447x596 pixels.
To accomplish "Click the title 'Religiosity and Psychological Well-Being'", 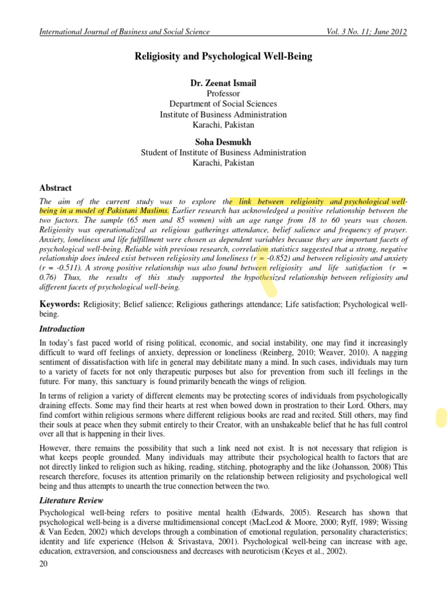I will coord(223,56).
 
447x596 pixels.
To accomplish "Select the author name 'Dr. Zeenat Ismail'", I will coord(223,84).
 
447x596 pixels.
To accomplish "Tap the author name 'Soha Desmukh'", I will coord(223,141).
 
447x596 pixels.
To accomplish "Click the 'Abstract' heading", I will coord(55,188).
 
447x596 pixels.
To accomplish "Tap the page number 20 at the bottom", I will coord(44,564).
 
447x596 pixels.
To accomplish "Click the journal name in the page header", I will coord(124,31).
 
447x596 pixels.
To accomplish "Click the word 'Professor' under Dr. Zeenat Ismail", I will coord(223,94).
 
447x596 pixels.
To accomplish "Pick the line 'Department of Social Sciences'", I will coord(223,104).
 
